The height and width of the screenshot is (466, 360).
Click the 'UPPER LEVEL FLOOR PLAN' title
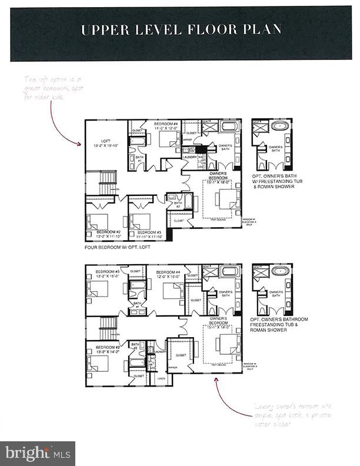tap(180, 29)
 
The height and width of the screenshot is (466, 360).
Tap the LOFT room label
tap(106, 143)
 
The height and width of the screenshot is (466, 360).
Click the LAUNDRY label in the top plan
tap(189, 157)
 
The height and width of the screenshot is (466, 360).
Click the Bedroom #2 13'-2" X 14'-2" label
tap(98, 348)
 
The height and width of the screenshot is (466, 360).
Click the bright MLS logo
tap(38, 453)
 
